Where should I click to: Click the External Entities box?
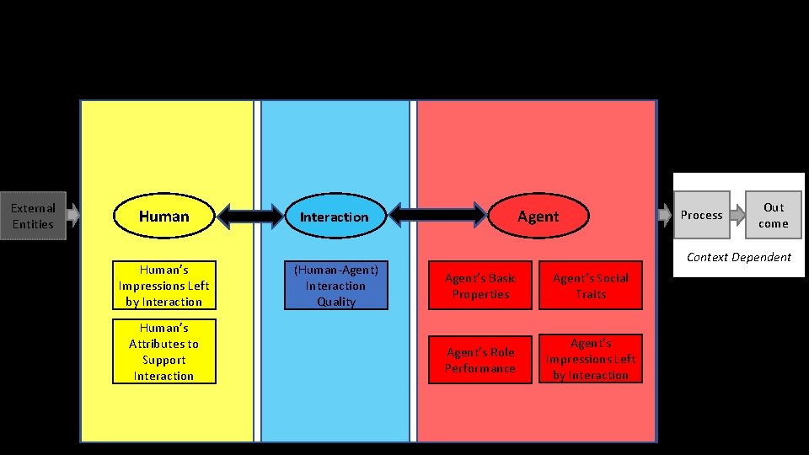33,217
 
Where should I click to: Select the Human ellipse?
163,217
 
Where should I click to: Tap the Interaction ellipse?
335,217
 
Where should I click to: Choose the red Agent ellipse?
538,217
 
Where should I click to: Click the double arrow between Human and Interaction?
249,217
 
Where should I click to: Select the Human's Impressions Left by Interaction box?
163,286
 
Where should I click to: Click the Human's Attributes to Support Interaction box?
163,351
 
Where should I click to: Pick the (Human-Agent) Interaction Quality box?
335,286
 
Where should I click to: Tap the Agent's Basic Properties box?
480,286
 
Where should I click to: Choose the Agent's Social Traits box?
590,286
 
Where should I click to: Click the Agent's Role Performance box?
480,360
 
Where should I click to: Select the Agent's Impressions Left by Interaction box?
590,359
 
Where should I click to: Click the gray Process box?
702,215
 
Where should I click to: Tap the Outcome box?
773,215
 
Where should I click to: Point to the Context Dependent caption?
738,257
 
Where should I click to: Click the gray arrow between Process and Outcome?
737,215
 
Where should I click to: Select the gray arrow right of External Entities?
73,215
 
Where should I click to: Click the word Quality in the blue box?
335,302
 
